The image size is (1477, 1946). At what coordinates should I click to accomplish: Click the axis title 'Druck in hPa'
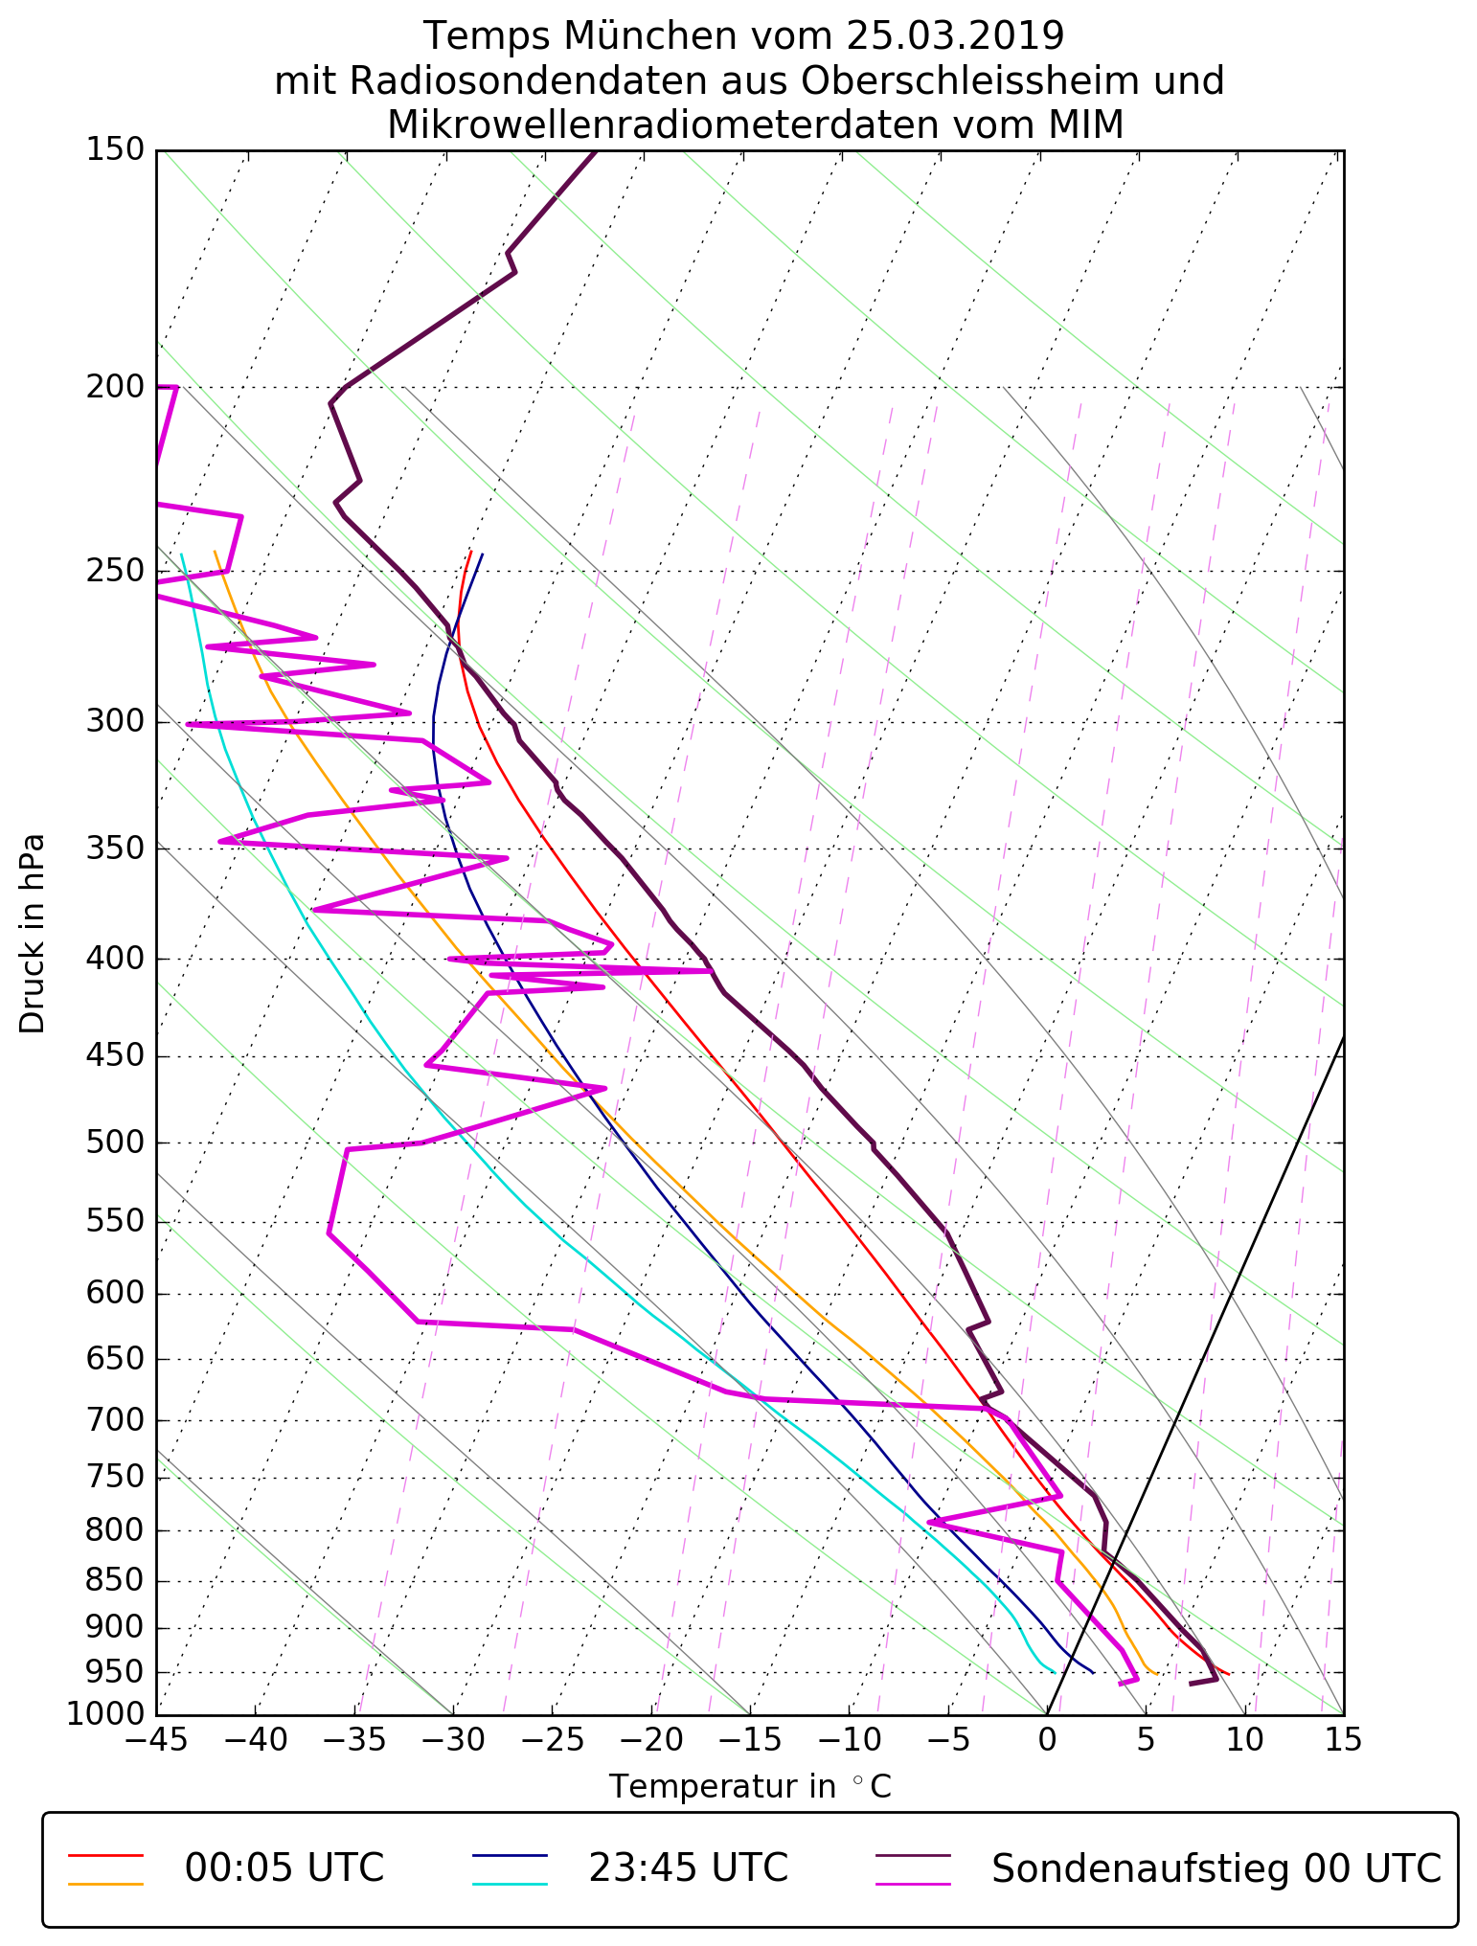coord(33,934)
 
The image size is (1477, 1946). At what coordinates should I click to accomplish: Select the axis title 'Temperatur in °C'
coord(750,1787)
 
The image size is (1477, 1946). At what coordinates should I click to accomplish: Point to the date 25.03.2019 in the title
coord(954,36)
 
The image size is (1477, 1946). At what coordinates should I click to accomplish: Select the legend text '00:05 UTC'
coord(284,1868)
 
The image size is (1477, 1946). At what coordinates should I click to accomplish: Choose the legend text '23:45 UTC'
coord(688,1868)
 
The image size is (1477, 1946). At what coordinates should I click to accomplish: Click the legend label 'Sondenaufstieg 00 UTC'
coord(1216,1868)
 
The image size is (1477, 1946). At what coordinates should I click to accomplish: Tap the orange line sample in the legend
coord(105,1885)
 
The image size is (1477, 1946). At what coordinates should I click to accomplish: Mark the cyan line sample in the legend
coord(510,1885)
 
